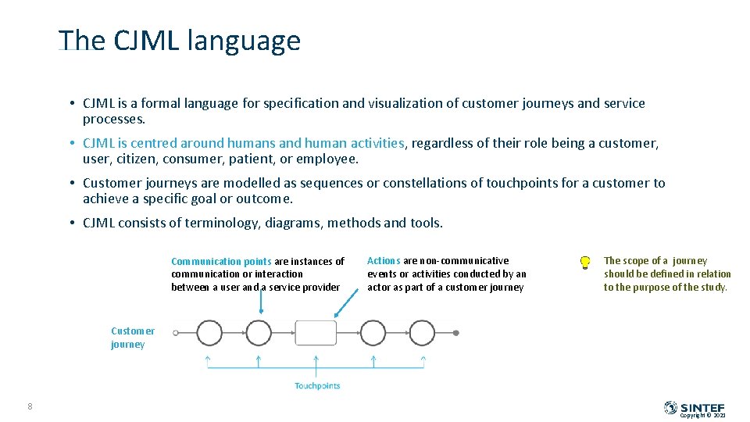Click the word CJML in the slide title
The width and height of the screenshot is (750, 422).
(x=146, y=41)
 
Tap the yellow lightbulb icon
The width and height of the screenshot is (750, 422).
(x=584, y=263)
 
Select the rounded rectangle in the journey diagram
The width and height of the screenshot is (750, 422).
(x=316, y=333)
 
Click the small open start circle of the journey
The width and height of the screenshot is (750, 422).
(x=176, y=333)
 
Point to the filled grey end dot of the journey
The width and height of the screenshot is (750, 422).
(x=456, y=333)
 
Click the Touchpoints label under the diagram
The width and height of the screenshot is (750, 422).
(x=317, y=385)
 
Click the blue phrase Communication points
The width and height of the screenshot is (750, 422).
(x=221, y=262)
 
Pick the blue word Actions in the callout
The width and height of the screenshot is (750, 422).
(x=384, y=261)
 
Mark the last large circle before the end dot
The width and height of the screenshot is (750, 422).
(x=422, y=333)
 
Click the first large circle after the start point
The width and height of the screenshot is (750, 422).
(x=209, y=333)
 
